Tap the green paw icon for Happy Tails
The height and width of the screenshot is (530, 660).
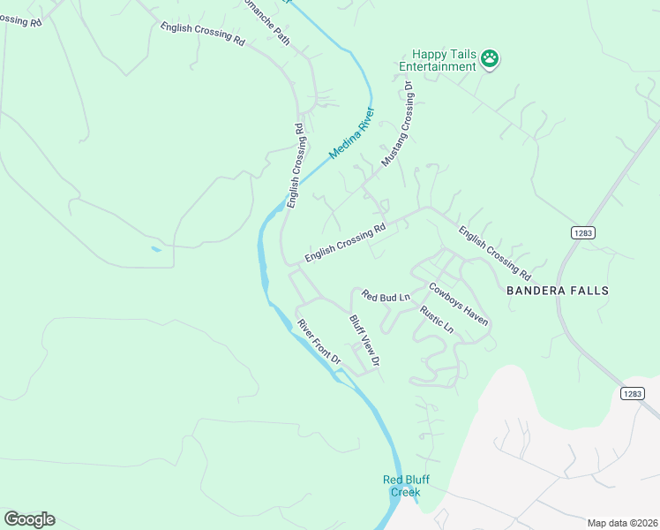(490, 59)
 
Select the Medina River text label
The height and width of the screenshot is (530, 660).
(352, 133)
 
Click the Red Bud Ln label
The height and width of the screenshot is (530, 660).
(386, 298)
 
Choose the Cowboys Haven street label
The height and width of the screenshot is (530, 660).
(458, 303)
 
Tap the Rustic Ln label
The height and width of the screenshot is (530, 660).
(437, 320)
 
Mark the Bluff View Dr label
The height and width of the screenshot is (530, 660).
(364, 341)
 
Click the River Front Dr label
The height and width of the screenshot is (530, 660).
(319, 342)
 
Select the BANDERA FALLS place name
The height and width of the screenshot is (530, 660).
(558, 290)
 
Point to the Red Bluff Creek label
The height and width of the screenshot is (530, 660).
(401, 486)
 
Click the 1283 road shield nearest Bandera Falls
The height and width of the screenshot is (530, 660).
(582, 232)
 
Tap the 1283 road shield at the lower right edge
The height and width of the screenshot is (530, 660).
(632, 393)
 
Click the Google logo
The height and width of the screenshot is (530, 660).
(29, 519)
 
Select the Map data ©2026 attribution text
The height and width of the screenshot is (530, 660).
(622, 523)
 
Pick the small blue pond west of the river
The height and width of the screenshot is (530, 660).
(156, 249)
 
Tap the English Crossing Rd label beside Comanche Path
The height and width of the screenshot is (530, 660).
(202, 34)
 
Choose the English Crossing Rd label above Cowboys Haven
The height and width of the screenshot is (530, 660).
(494, 252)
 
